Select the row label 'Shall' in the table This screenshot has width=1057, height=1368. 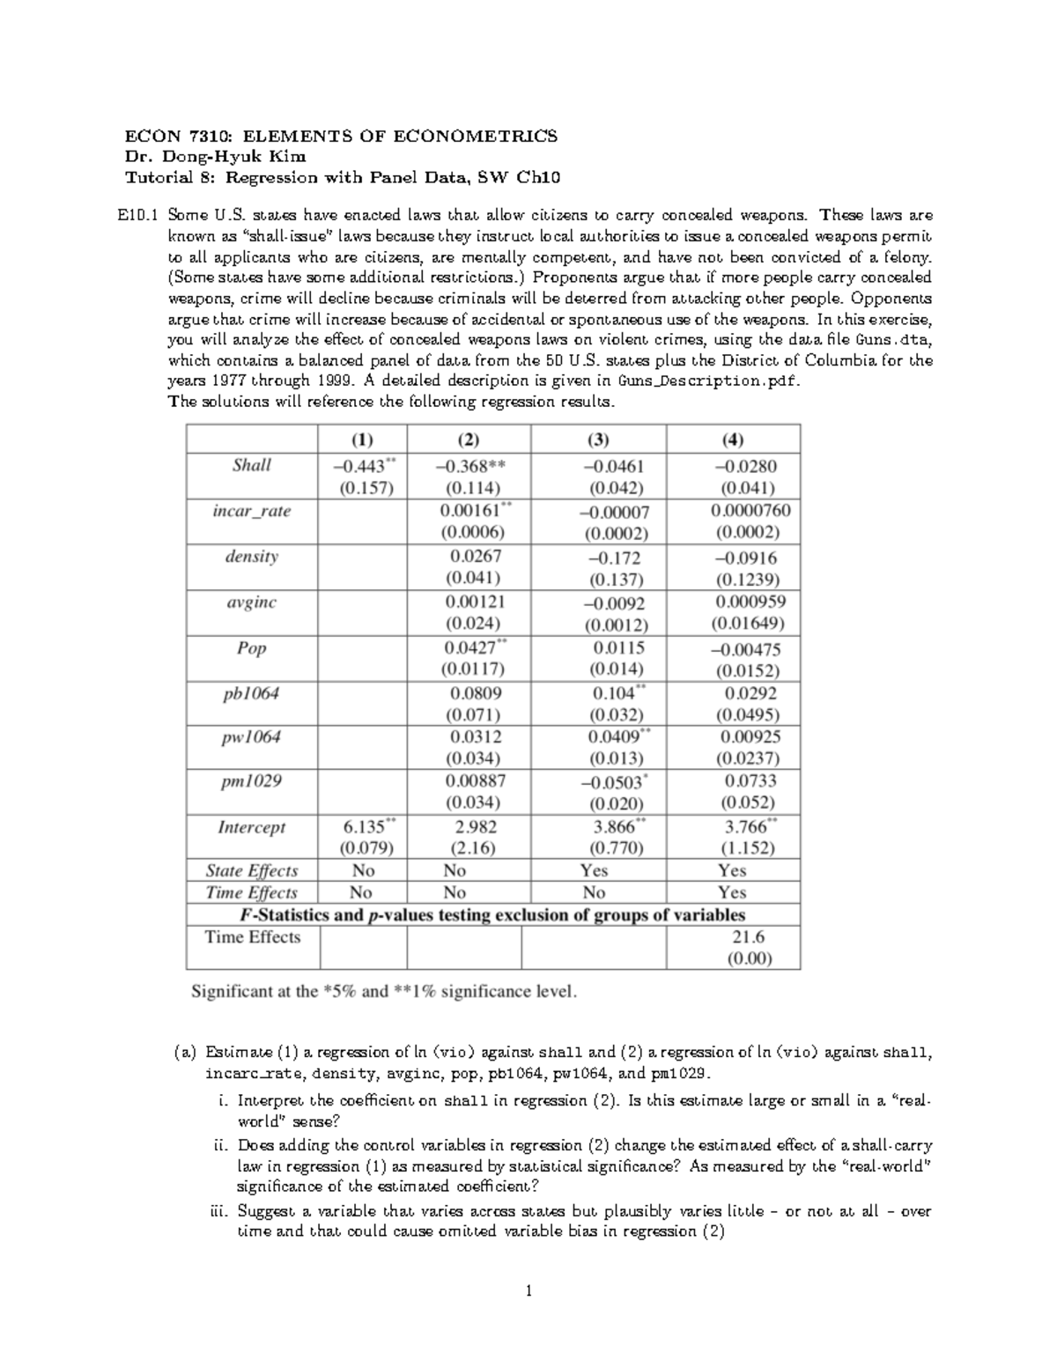pos(251,465)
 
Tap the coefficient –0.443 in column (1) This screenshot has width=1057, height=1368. pos(358,466)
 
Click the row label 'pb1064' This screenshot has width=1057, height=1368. pos(251,693)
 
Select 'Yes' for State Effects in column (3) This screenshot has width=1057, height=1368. pos(595,870)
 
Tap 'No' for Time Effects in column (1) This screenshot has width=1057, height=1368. pos(362,892)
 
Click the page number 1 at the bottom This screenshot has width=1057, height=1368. pos(528,1292)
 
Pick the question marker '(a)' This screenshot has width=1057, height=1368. pos(183,1052)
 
